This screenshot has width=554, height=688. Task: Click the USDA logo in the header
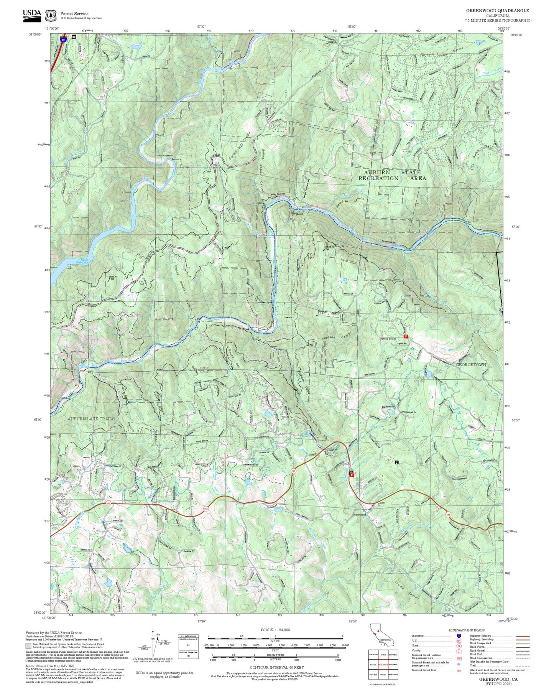click(32, 14)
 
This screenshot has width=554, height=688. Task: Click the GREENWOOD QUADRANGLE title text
click(497, 11)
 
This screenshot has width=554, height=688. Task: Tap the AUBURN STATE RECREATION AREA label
click(391, 175)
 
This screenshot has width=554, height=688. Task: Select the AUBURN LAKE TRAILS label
click(91, 418)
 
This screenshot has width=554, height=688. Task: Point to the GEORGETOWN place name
click(471, 365)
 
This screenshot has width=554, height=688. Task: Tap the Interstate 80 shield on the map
click(63, 38)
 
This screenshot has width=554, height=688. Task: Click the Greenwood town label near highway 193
click(359, 515)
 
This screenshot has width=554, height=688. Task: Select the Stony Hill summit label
click(112, 278)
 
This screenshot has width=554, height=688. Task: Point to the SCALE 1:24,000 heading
click(275, 630)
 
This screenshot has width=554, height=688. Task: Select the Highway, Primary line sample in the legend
click(523, 635)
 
